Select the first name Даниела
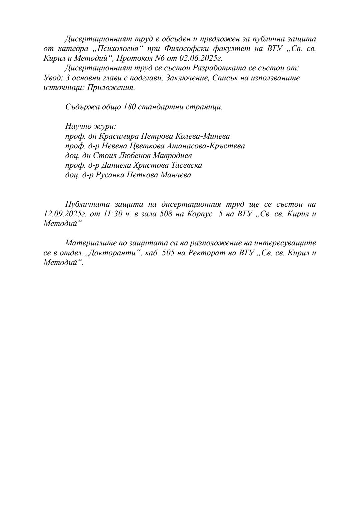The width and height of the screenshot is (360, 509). coord(110,165)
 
